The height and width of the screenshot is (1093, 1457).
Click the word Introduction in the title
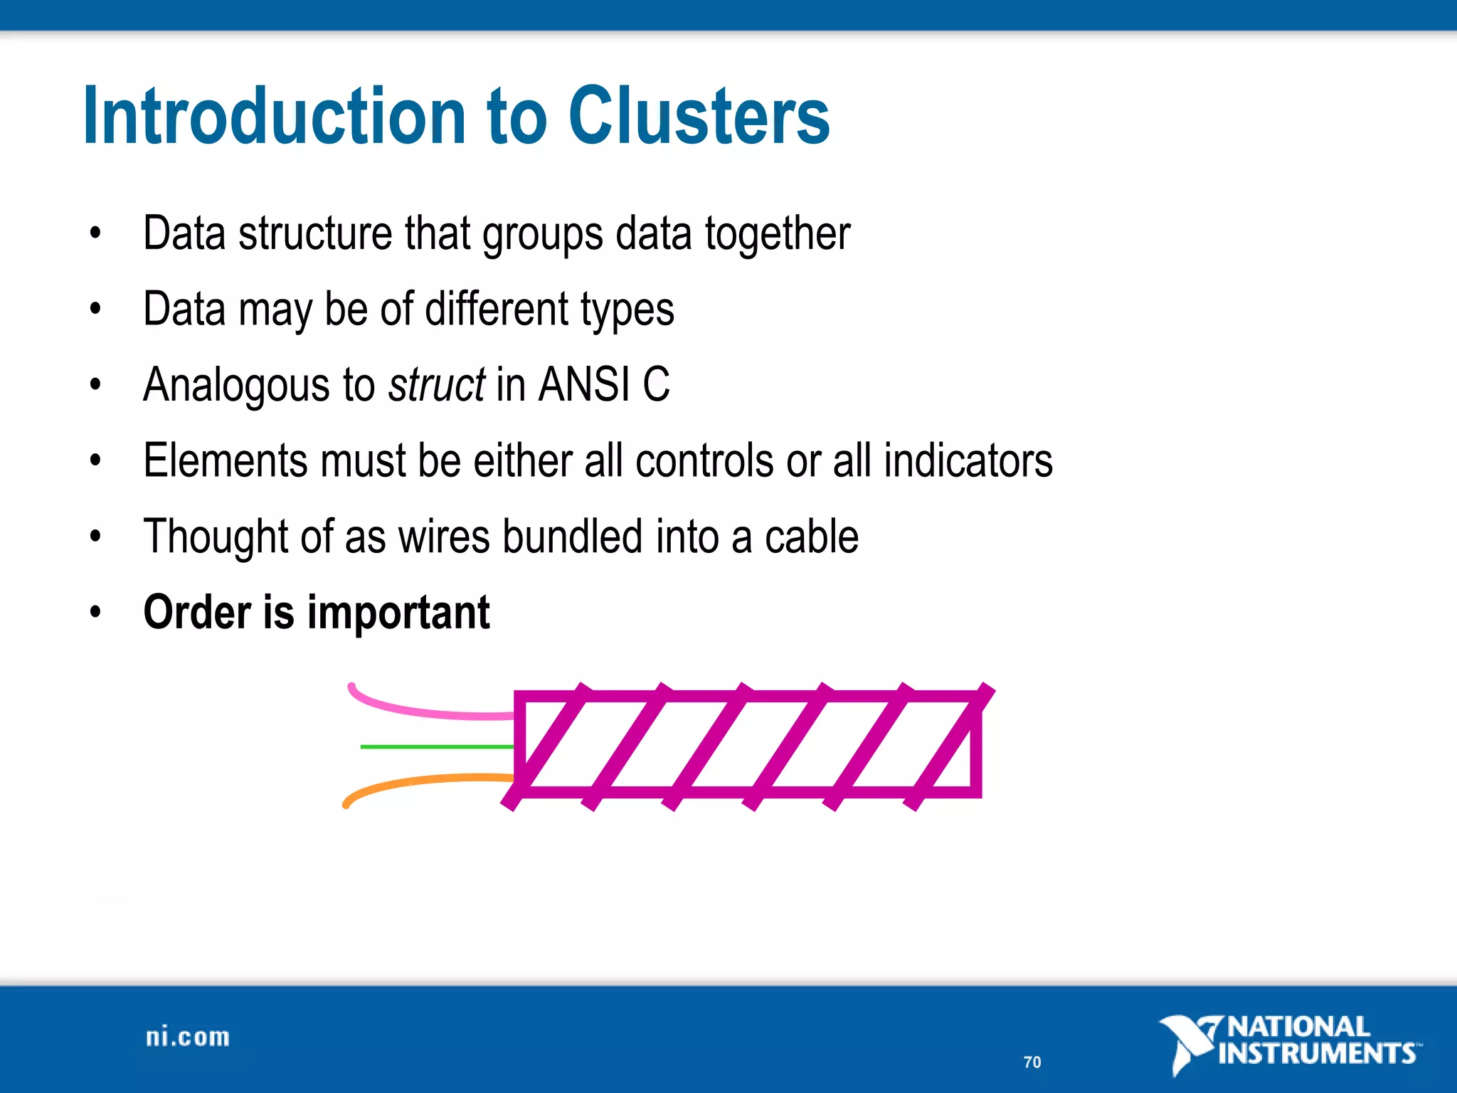pyautogui.click(x=274, y=117)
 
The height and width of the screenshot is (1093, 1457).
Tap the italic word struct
pyautogui.click(x=436, y=385)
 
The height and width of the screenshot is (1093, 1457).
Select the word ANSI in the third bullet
pyautogui.click(x=584, y=385)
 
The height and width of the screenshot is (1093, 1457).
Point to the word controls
pyautogui.click(x=704, y=460)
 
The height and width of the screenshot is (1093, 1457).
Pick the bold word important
pyautogui.click(x=398, y=613)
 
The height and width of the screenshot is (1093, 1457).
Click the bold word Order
pyautogui.click(x=197, y=613)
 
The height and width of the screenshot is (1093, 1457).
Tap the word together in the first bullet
pyautogui.click(x=777, y=234)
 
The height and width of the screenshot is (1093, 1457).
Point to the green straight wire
pyautogui.click(x=435, y=746)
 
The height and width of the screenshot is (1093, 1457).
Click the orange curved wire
pyautogui.click(x=420, y=783)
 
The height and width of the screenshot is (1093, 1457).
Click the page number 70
pyautogui.click(x=1032, y=1062)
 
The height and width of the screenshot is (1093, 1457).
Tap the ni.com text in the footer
pyautogui.click(x=188, y=1037)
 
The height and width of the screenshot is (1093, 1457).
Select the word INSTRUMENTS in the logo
pyautogui.click(x=1316, y=1053)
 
